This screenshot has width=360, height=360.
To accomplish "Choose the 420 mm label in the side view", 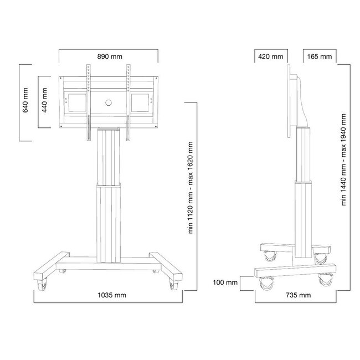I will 270,56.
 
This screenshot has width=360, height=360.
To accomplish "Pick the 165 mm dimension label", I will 318,56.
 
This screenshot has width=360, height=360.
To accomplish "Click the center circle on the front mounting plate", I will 109,101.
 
